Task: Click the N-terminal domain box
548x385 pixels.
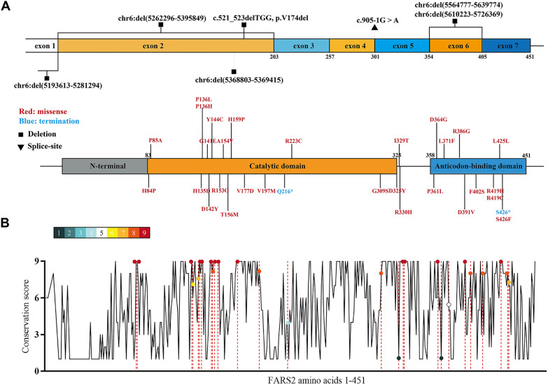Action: (104, 167)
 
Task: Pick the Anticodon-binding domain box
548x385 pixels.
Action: (477, 167)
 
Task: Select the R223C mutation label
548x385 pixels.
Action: (293, 141)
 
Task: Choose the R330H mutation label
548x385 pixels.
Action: (403, 212)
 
